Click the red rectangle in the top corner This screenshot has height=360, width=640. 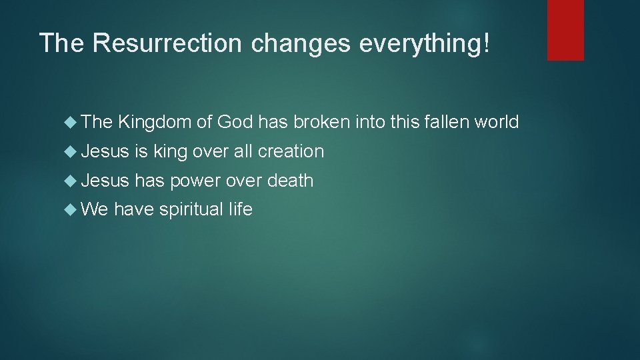click(565, 30)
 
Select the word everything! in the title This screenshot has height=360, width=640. click(424, 43)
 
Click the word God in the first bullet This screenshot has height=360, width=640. click(235, 122)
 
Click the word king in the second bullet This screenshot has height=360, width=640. click(170, 152)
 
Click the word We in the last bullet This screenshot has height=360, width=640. click(96, 209)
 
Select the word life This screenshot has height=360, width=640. click(240, 209)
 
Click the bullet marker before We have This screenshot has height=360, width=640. click(73, 210)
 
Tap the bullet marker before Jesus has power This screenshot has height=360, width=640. click(73, 181)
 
